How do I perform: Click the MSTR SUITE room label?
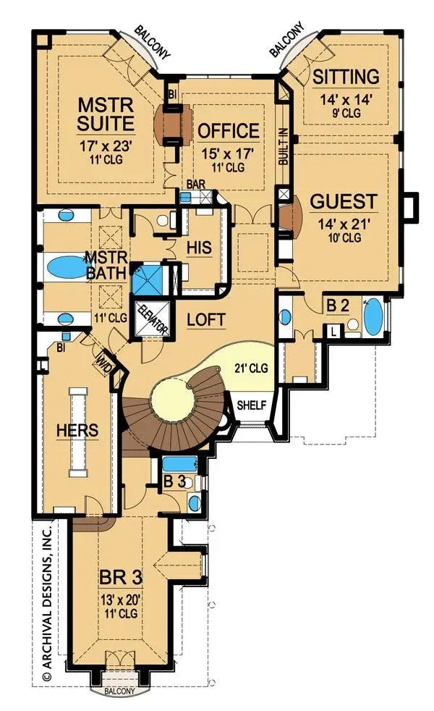coord(106,114)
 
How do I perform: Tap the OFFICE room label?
coord(228,131)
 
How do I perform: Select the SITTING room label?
coord(346,77)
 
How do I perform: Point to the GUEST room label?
coord(344,201)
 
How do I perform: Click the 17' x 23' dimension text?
coord(106,145)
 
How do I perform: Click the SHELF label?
coord(251,405)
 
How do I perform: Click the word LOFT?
coord(204,319)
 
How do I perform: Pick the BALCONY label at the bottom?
coord(118,691)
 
